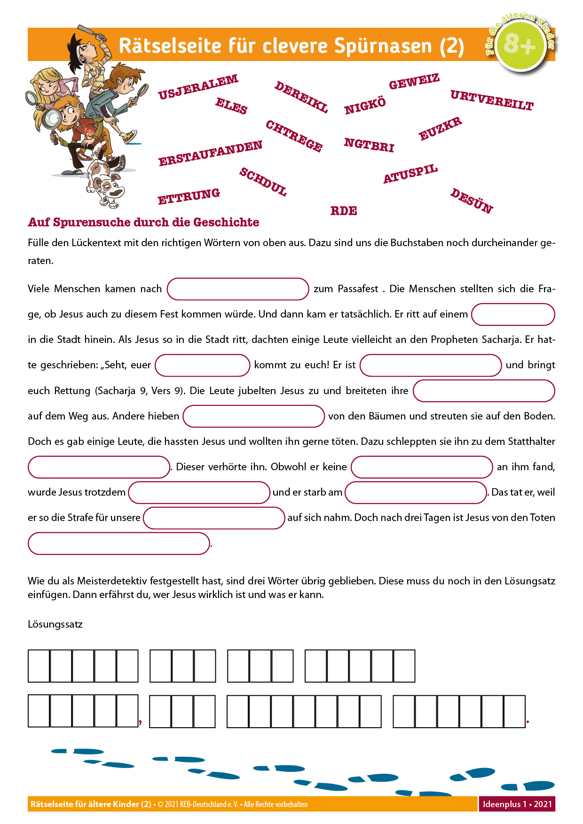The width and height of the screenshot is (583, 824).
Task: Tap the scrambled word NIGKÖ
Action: coord(365,106)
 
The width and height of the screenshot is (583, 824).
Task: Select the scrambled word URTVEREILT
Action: coord(492,101)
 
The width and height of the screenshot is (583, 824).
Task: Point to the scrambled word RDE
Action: coord(344,211)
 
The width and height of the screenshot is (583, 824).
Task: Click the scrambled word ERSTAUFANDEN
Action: coord(210,153)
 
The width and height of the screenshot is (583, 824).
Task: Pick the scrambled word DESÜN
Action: coord(472,201)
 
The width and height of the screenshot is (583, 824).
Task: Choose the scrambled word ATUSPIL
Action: coord(410,174)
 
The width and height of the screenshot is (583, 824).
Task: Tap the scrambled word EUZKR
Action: coord(440,129)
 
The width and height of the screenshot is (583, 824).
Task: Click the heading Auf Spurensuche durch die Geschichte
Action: coord(143,222)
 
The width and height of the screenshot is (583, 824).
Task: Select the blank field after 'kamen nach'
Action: coord(238,289)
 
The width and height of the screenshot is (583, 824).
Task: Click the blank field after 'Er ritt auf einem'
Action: coord(513,314)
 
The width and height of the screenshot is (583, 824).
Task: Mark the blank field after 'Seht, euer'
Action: coord(202,365)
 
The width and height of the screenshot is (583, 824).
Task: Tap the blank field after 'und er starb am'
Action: coord(416,492)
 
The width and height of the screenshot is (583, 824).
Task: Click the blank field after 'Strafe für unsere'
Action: coord(214,518)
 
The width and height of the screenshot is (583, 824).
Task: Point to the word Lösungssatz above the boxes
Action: coord(55,624)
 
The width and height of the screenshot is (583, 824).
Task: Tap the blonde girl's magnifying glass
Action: coord(31,97)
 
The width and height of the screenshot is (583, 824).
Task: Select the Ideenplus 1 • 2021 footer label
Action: coord(517,804)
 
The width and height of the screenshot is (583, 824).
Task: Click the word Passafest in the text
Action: coord(358,289)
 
